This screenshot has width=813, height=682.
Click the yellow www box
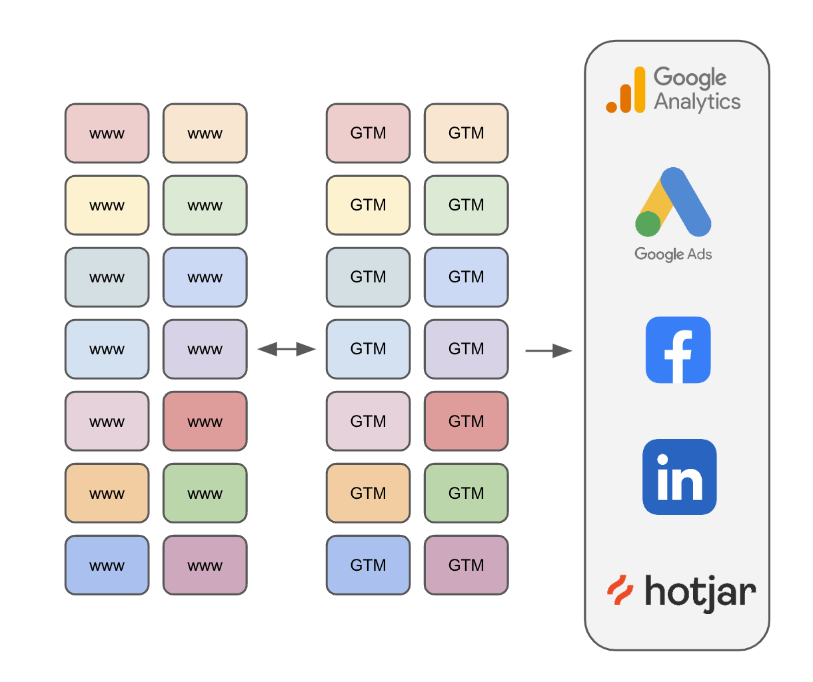(107, 205)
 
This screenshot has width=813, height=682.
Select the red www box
(205, 421)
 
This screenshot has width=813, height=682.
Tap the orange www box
(107, 493)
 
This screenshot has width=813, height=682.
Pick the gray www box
(107, 277)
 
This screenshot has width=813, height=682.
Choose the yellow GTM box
(368, 205)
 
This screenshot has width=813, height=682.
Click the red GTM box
(466, 421)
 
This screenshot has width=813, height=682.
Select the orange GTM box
(368, 493)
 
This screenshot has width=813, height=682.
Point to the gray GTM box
(368, 277)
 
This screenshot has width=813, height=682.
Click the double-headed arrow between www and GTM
(287, 349)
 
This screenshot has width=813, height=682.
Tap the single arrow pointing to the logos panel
(548, 351)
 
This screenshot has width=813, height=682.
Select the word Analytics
(697, 103)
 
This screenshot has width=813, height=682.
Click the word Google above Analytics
(690, 77)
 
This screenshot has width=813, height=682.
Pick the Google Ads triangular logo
(673, 202)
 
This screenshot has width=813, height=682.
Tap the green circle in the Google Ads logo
(648, 224)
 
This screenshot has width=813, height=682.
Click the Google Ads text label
(673, 254)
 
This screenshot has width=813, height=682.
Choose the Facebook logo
(678, 350)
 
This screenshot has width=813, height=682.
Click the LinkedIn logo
(680, 477)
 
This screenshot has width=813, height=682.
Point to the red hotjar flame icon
(620, 589)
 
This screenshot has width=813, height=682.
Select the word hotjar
(700, 593)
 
